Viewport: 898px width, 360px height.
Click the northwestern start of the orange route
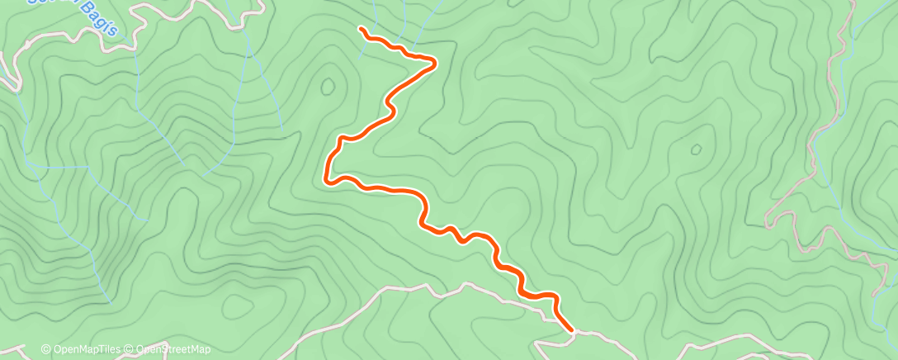click(x=362, y=29)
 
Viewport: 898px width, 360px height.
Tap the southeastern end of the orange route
click(x=571, y=329)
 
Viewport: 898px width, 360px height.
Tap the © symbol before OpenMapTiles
click(x=46, y=350)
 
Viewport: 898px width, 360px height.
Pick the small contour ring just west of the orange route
click(x=328, y=85)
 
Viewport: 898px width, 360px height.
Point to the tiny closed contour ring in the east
click(x=695, y=150)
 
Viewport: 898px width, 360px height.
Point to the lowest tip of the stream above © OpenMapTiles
click(x=107, y=302)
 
